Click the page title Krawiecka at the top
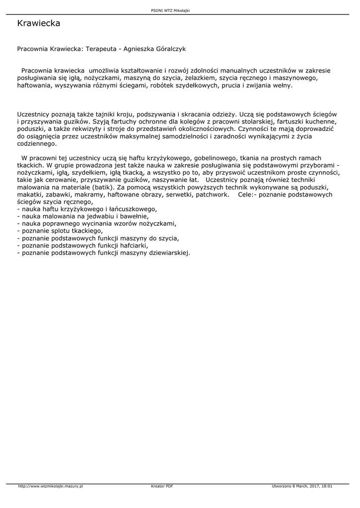39,23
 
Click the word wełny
282,85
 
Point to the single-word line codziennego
37,144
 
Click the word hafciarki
134,245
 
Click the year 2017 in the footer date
313,486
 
